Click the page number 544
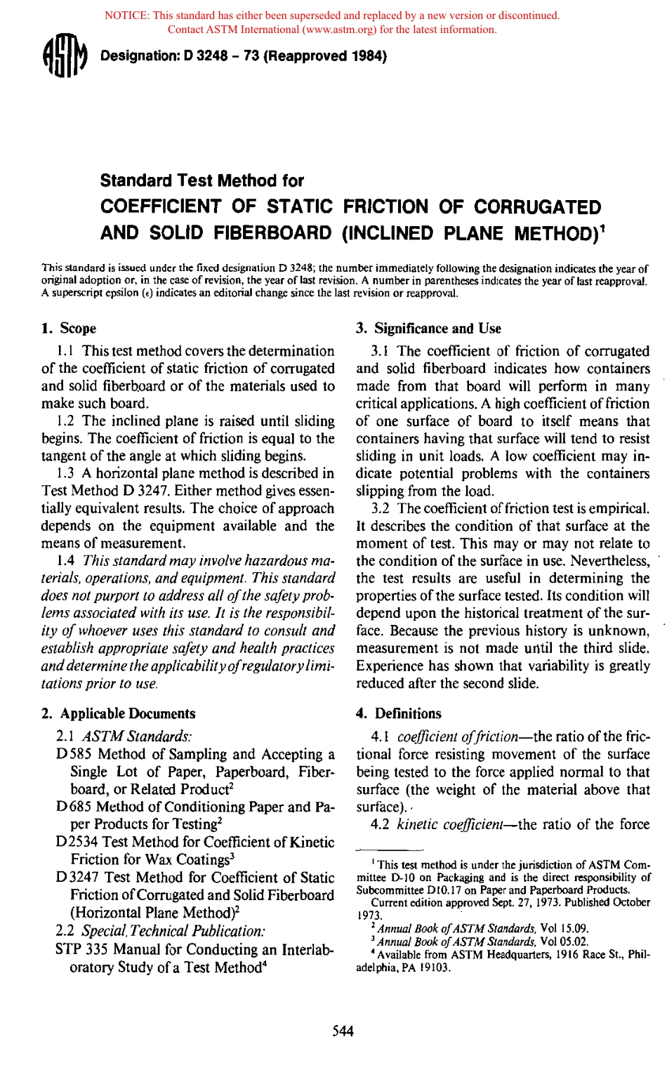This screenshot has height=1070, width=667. (343, 1031)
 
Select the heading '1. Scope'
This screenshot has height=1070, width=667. (69, 328)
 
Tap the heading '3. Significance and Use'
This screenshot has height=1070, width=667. (429, 328)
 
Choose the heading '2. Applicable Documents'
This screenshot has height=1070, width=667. (118, 713)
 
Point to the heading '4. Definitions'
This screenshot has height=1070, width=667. (399, 713)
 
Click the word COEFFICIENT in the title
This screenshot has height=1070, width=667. (161, 206)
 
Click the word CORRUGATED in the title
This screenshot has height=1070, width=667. (537, 206)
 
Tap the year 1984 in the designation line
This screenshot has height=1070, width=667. (366, 56)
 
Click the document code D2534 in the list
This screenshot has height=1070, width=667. (78, 842)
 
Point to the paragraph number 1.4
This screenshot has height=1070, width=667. (66, 561)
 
